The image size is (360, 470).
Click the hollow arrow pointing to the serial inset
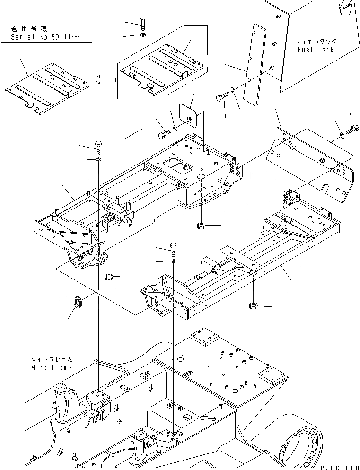(103, 80)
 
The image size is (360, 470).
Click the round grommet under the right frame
(255, 306)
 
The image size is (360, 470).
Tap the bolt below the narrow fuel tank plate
(222, 98)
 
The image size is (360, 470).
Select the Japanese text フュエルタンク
(314, 42)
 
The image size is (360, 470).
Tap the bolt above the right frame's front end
(173, 248)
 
